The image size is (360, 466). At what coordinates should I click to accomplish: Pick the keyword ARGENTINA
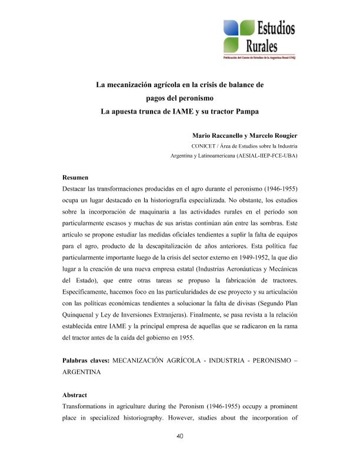[x=82, y=373]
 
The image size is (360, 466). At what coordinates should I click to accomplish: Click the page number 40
[x=180, y=436]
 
